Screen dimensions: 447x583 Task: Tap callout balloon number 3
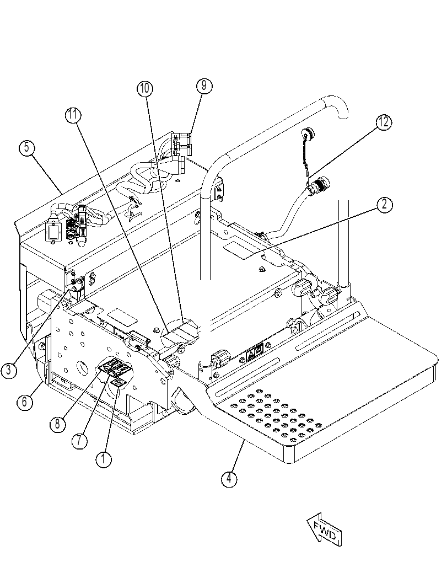(9, 371)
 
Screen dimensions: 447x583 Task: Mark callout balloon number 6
(24, 402)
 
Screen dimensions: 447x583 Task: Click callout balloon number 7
(80, 441)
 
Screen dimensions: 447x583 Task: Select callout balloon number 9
(204, 86)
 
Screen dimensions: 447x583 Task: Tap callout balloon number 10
(144, 88)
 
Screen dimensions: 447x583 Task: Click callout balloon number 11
(73, 115)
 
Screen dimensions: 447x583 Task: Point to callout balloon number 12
(384, 121)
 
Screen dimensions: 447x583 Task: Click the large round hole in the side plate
(80, 368)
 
